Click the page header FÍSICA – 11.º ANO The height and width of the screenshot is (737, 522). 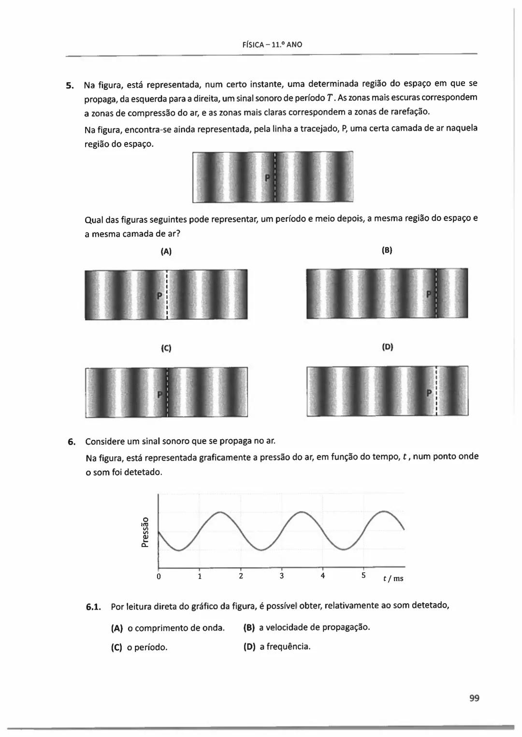(x=272, y=44)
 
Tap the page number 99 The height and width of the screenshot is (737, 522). (x=474, y=698)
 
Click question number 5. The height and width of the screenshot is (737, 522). (x=70, y=86)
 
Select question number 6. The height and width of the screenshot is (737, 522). (x=71, y=442)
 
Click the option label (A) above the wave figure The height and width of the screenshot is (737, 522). (x=166, y=251)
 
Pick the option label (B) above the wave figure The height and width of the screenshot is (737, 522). (x=387, y=250)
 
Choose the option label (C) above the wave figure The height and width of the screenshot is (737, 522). (x=166, y=348)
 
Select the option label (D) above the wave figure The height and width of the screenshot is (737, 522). (x=387, y=347)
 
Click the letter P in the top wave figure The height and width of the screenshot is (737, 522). (x=267, y=178)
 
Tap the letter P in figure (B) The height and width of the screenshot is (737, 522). (x=428, y=295)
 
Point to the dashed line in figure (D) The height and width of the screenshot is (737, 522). (x=436, y=390)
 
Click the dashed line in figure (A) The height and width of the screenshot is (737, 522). (x=166, y=295)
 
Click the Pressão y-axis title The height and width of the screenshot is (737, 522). (x=144, y=532)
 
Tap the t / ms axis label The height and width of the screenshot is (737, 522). (x=393, y=578)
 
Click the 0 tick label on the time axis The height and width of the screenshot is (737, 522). (x=159, y=576)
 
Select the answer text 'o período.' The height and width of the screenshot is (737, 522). (x=147, y=648)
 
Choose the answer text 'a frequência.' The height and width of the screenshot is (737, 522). (x=285, y=647)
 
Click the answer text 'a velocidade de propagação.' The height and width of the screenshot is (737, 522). (x=314, y=627)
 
